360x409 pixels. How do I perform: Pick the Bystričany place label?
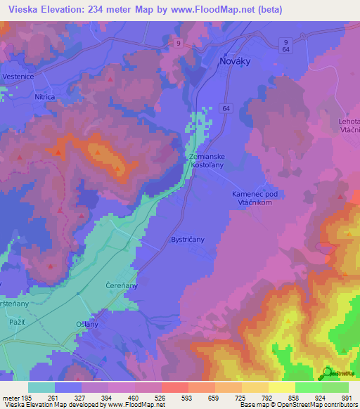188,240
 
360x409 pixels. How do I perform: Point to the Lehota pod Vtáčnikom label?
349,125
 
